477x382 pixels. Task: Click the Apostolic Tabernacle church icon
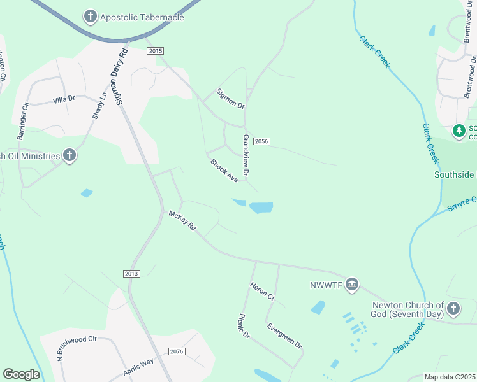(91, 16)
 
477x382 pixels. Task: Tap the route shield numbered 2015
(155, 51)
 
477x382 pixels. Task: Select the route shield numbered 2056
(260, 141)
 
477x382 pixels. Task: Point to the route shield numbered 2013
(131, 273)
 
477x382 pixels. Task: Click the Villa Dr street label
(64, 99)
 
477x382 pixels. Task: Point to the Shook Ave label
(224, 171)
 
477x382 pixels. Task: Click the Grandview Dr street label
(246, 155)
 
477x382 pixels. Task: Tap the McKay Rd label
(182, 221)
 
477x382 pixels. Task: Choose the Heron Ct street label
(262, 292)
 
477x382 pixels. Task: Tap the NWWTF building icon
(351, 285)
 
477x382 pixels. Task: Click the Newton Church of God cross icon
(453, 309)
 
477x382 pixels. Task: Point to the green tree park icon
(459, 131)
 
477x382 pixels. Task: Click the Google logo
(21, 374)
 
